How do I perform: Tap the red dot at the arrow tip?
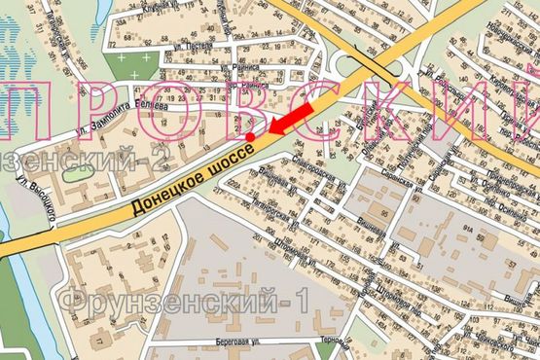click(253, 138)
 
